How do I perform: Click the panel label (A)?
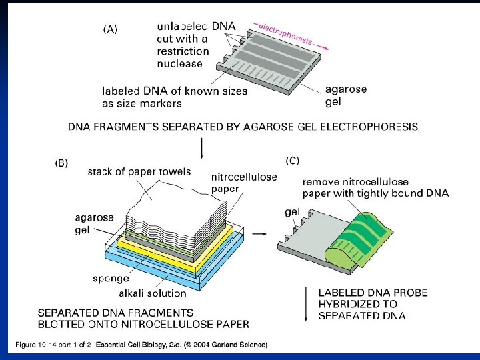point(110,29)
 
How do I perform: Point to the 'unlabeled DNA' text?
point(196,26)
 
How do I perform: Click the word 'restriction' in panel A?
point(183,51)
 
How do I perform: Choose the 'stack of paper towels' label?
point(139,172)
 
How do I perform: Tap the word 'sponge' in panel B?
point(111,279)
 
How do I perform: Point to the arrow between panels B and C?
point(262,234)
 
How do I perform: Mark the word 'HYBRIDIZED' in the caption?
point(349,304)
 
